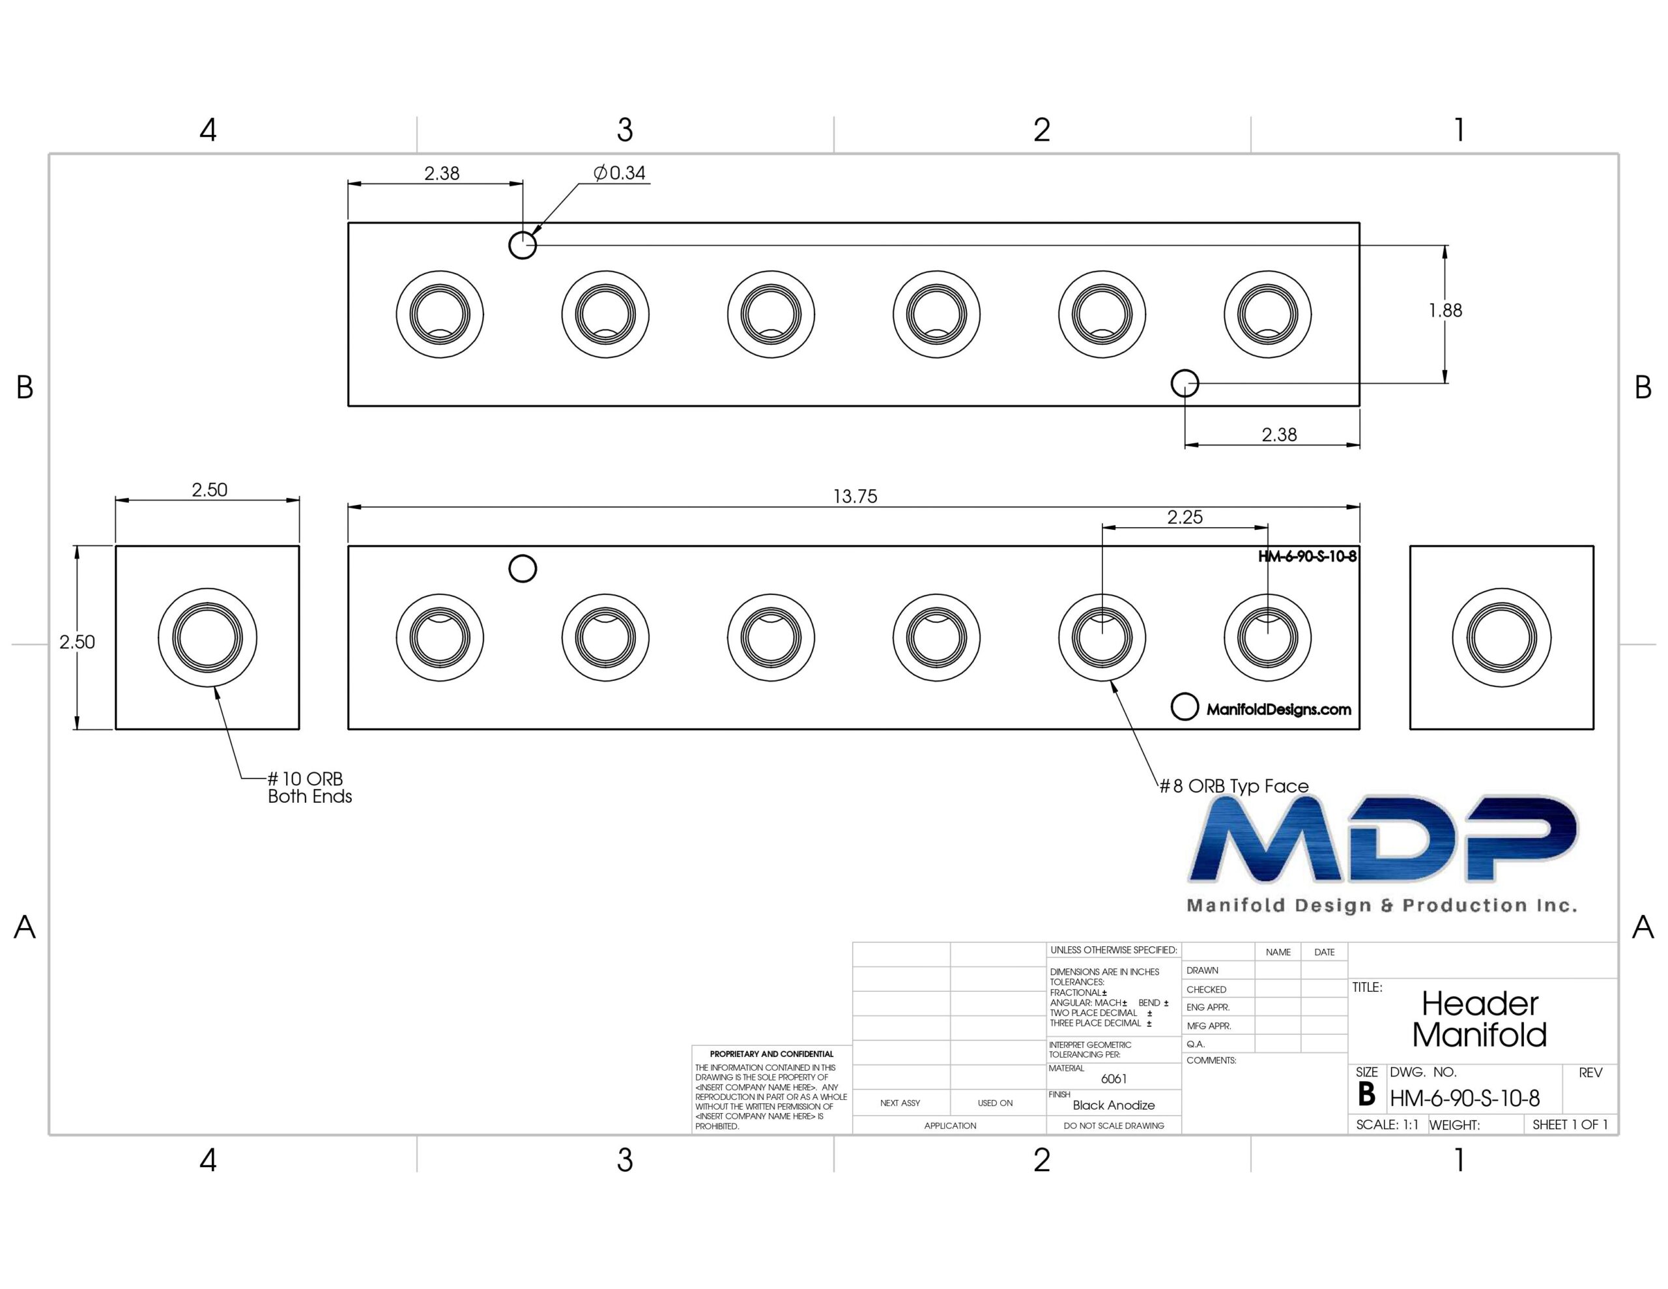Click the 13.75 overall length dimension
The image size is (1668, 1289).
click(855, 497)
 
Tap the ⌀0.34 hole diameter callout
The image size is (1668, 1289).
click(620, 173)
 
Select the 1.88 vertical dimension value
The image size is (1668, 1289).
click(1445, 310)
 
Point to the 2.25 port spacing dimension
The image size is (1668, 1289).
click(1185, 517)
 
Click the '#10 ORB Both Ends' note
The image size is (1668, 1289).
click(309, 788)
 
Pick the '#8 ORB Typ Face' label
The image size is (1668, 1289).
click(1233, 786)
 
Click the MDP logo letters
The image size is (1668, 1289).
click(1383, 839)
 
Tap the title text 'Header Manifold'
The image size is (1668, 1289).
click(1479, 1019)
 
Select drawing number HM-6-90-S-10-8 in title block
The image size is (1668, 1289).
click(1464, 1099)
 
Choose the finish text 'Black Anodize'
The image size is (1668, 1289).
click(1114, 1105)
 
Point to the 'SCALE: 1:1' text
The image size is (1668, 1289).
click(1387, 1125)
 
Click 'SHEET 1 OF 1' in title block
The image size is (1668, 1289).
click(1570, 1125)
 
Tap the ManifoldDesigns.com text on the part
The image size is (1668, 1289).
click(1278, 710)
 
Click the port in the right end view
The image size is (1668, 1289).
click(1501, 637)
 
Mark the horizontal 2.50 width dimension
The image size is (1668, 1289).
click(209, 490)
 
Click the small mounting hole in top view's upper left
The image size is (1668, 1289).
click(523, 245)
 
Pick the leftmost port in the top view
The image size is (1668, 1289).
click(440, 314)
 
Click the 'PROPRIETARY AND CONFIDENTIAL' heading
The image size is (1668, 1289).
click(771, 1054)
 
